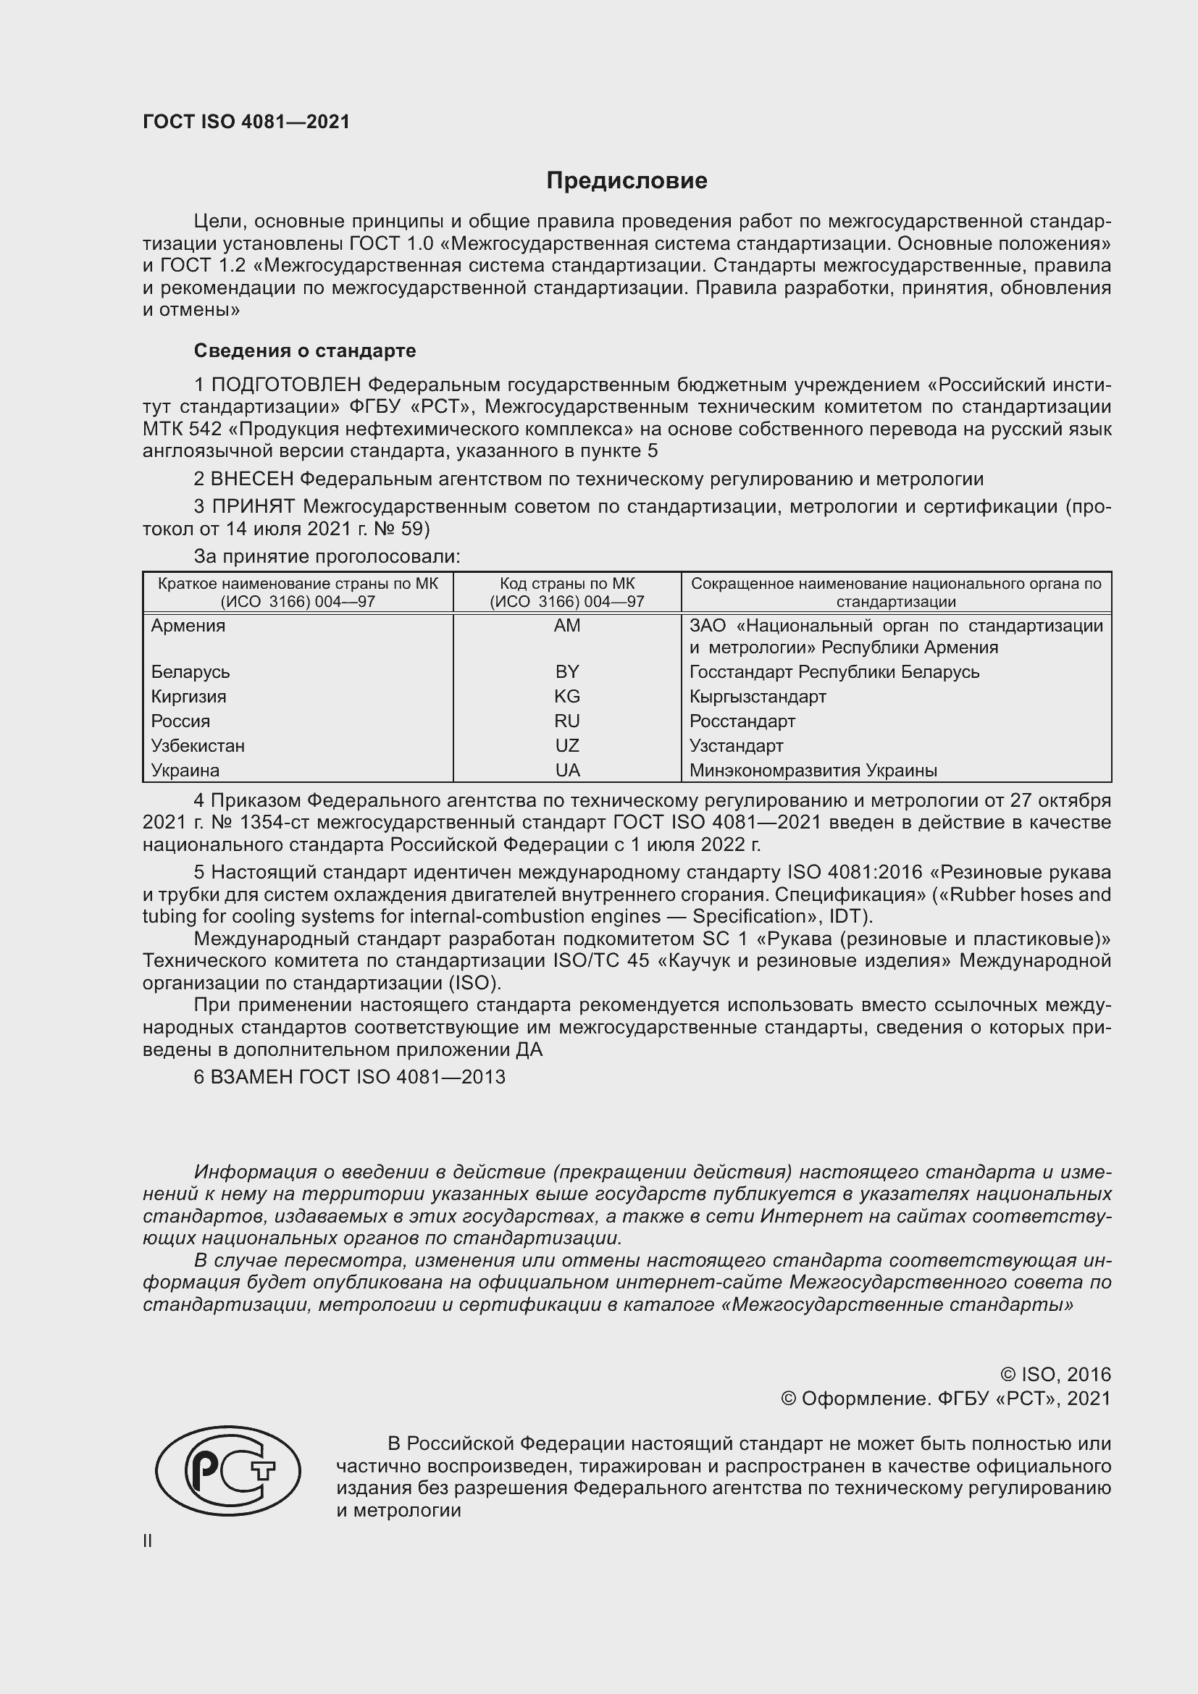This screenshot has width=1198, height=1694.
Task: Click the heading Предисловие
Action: pos(627,181)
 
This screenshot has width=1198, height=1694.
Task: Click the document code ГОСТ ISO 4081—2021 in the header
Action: pos(246,122)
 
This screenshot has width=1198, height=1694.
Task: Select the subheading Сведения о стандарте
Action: pos(305,351)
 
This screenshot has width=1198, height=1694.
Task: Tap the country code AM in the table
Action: pos(566,626)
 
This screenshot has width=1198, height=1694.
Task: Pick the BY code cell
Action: pos(566,672)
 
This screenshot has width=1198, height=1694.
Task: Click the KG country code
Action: pos(566,697)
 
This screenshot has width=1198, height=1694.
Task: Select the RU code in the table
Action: pos(566,721)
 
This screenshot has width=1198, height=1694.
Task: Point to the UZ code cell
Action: pos(566,746)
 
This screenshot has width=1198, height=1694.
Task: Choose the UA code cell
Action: pos(566,771)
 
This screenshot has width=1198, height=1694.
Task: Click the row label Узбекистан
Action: pos(198,746)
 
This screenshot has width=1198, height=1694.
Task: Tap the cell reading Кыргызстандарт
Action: pos(758,697)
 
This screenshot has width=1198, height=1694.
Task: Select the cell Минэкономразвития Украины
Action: pos(813,771)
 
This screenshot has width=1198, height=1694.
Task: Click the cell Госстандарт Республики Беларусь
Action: pos(834,672)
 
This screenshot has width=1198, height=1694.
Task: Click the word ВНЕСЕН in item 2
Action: pos(251,479)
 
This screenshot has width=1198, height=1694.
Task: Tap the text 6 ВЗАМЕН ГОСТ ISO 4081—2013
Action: pos(350,1077)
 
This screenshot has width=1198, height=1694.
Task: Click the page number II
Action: pos(148,1541)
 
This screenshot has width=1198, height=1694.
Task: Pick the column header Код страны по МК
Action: pos(566,584)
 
